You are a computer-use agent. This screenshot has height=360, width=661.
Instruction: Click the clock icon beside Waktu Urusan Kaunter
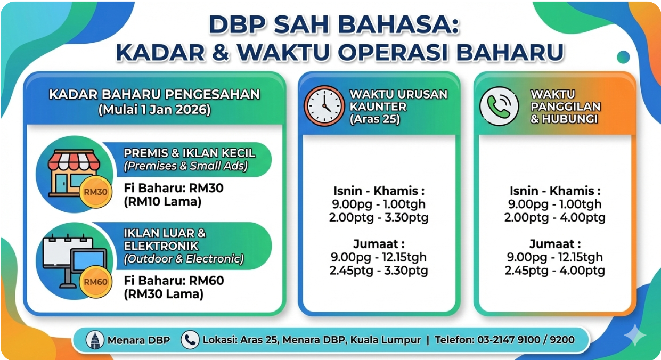click(324, 106)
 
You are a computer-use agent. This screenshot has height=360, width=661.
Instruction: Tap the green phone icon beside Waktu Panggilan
click(499, 106)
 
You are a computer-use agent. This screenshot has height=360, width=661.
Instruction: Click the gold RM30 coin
click(96, 192)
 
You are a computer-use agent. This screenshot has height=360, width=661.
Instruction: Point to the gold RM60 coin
click(96, 281)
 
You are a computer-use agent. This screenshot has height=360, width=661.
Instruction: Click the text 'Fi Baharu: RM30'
click(174, 188)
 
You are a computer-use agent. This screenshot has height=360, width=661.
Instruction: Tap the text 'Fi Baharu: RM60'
click(174, 281)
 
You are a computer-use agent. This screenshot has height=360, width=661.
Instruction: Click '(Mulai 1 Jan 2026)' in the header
click(154, 110)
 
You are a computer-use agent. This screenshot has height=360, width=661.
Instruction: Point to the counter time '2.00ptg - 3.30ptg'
click(379, 217)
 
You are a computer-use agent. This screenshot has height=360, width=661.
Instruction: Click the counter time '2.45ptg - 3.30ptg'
click(379, 271)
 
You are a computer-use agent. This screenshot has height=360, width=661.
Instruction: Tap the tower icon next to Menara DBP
click(95, 340)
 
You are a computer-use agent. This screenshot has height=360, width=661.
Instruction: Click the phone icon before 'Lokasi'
click(190, 339)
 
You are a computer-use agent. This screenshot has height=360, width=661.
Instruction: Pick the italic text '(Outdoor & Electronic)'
click(184, 259)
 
